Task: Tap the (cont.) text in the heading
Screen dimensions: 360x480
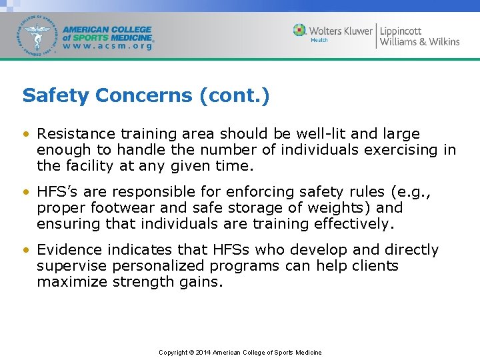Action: click(x=235, y=96)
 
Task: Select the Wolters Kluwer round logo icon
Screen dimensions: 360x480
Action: click(x=300, y=31)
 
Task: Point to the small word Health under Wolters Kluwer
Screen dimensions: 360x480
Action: click(x=319, y=41)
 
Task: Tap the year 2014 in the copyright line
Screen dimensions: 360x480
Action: click(x=203, y=353)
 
